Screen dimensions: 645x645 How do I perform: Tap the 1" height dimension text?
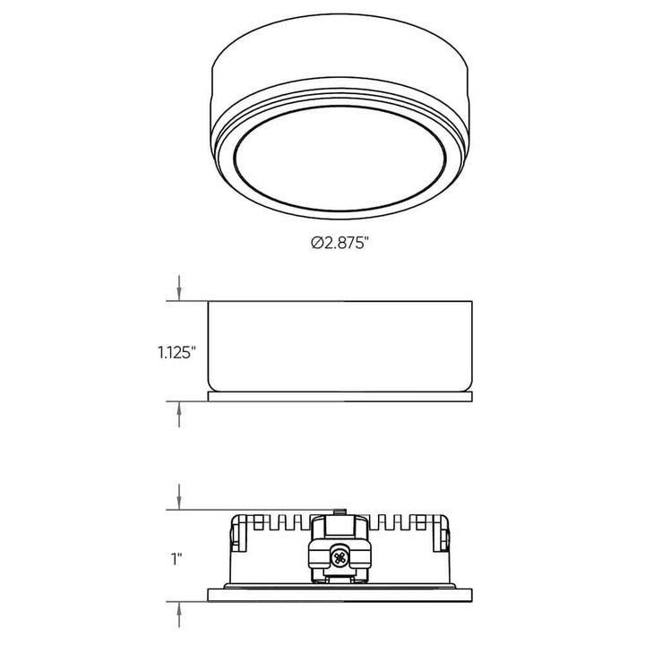178,557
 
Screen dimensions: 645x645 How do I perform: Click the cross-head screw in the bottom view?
340,557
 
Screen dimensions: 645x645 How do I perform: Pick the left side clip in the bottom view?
236,537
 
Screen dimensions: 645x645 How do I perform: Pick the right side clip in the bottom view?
443,537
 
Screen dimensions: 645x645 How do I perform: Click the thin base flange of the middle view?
340,394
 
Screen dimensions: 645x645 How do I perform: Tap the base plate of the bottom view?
340,595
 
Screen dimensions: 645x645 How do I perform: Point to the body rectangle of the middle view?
340,345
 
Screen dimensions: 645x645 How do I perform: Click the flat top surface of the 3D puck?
340,54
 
